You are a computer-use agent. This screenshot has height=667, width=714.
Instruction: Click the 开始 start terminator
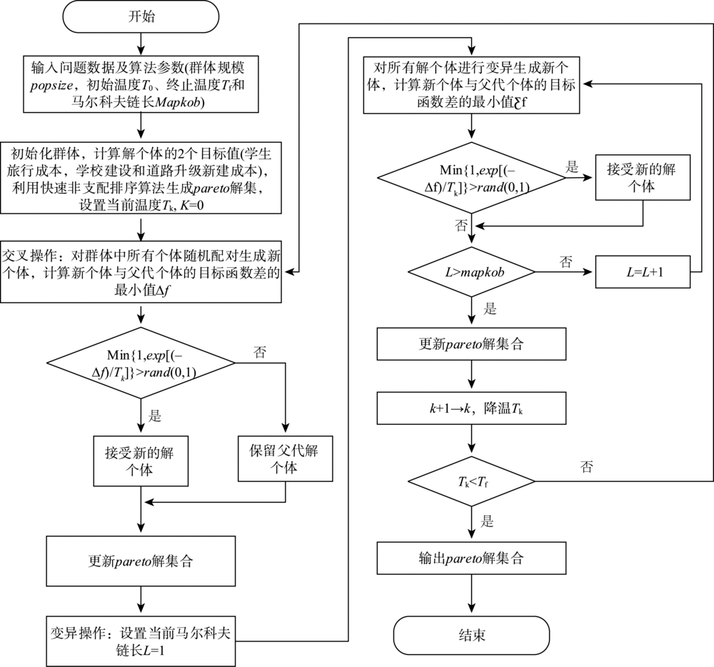click(141, 16)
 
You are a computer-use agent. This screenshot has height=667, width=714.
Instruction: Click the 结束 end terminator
click(471, 635)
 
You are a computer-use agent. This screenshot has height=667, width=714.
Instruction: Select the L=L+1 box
click(643, 272)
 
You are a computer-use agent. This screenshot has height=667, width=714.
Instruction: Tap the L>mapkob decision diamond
click(471, 272)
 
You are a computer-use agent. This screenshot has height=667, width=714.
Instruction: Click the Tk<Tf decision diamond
click(471, 481)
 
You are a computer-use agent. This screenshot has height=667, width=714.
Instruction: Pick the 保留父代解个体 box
click(285, 459)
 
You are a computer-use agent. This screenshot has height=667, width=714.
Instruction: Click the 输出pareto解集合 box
click(471, 558)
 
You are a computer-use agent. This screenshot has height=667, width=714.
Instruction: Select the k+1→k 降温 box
click(471, 408)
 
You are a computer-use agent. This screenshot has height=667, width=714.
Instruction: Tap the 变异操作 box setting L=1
click(141, 641)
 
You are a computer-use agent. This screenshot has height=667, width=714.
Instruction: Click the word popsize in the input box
click(51, 85)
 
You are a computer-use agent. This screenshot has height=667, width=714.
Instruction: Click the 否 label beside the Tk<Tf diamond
click(586, 466)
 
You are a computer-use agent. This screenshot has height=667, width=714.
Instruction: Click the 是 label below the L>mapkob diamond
click(490, 309)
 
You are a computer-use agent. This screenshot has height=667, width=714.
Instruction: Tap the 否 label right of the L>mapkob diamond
click(565, 261)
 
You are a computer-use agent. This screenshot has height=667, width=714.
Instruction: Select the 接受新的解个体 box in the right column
click(643, 178)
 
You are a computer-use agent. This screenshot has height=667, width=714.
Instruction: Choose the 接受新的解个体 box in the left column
click(141, 461)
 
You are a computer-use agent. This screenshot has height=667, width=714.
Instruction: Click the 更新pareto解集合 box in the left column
click(141, 561)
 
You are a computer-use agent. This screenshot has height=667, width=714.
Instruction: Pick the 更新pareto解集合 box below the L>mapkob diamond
click(471, 343)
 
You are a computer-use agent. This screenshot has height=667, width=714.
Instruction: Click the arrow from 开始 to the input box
click(141, 44)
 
